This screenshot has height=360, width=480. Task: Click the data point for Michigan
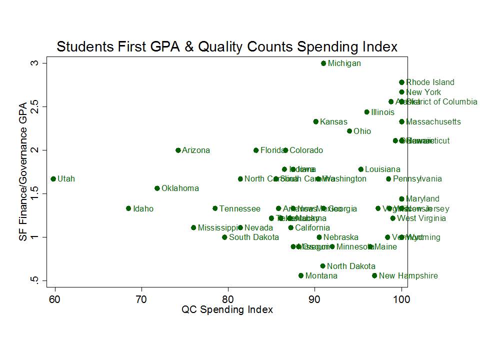[323, 63]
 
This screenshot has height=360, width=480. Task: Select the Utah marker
[53, 178]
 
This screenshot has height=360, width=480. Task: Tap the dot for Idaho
[128, 208]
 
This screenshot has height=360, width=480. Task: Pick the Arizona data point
[178, 150]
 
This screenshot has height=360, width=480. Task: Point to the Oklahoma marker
[157, 188]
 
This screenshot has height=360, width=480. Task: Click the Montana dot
[301, 275]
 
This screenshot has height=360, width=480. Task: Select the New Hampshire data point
[374, 275]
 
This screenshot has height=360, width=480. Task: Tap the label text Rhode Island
[430, 82]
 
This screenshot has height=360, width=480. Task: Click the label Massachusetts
[433, 121]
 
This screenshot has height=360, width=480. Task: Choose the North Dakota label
[350, 266]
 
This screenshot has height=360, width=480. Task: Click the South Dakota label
[253, 237]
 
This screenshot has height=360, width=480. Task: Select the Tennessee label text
[239, 208]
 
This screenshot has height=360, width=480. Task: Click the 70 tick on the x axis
[141, 298]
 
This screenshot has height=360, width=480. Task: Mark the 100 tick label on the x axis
[401, 298]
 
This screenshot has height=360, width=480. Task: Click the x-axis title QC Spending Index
[227, 310]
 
